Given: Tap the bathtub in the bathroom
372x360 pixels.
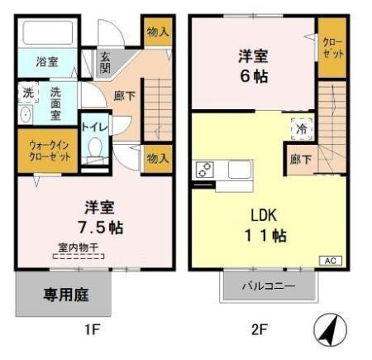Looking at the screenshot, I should pyautogui.click(x=48, y=34).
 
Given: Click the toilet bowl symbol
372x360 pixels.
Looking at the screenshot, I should pyautogui.click(x=96, y=150).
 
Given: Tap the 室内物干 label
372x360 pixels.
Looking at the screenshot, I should pyautogui.click(x=78, y=247).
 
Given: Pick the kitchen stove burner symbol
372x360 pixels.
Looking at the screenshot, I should pyautogui.click(x=204, y=170).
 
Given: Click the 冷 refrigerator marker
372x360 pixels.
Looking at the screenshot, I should pyautogui.click(x=298, y=128).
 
